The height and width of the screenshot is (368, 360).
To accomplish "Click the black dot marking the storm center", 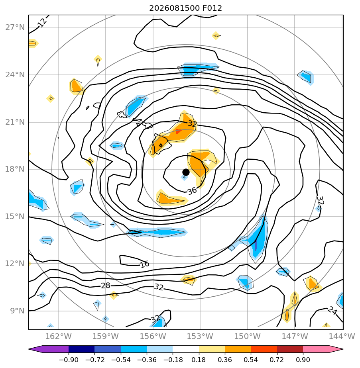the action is tap(186, 172).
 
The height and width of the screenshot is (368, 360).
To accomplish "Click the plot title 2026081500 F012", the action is tap(185, 8).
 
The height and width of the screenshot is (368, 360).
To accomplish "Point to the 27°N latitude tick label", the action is tap(15, 27).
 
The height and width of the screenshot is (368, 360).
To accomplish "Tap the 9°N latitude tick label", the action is tap(17, 311).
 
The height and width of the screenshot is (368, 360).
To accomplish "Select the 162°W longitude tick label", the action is tap(58, 336).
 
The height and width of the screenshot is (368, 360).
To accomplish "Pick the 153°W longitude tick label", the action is tap(200, 336).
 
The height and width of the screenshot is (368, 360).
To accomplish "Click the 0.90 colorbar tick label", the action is tap(303, 360).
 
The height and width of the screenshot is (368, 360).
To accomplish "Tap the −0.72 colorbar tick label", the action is tap(94, 360).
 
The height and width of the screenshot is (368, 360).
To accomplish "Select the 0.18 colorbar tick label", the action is tap(199, 360).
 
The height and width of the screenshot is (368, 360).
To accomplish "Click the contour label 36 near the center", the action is tap(192, 190).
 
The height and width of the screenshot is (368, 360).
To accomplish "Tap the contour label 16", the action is tap(144, 264).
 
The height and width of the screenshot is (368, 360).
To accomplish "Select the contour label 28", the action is tap(106, 286).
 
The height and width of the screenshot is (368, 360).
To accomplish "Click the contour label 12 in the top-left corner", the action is tap(43, 23).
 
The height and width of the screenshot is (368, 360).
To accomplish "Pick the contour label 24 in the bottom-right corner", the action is tap(332, 311).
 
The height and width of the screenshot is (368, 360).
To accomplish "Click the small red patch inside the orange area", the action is tap(178, 131).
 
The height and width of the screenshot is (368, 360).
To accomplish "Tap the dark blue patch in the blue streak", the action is tap(256, 245).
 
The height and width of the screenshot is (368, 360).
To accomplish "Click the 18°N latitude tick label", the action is tap(15, 169).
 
